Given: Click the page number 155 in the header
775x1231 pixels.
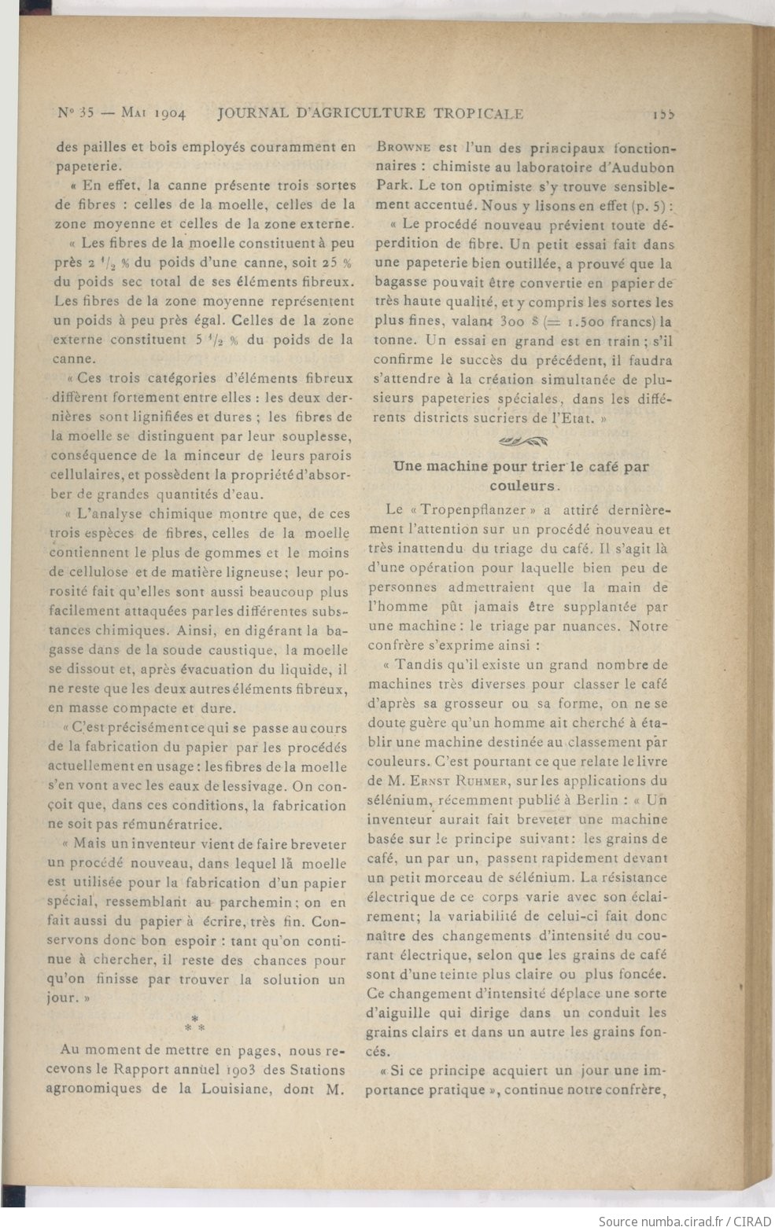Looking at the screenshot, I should (x=663, y=114).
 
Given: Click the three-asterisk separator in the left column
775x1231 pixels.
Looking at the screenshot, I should (x=194, y=1023).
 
